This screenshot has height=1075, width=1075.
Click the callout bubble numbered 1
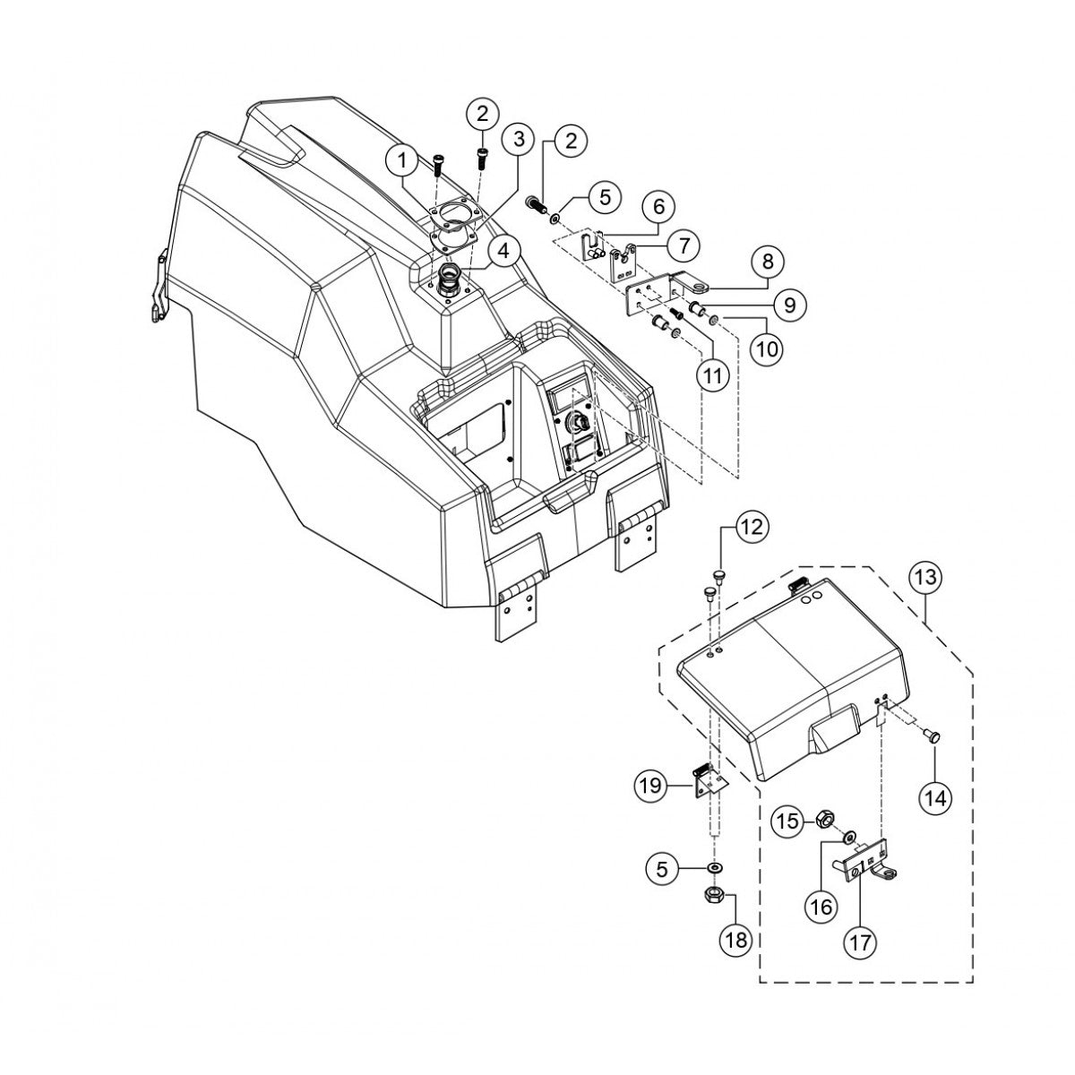tap(403, 161)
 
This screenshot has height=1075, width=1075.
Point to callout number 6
tap(658, 207)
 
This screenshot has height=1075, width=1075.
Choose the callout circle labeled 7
tap(682, 244)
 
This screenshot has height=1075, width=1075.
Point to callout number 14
tap(935, 797)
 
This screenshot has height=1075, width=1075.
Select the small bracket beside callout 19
tap(709, 780)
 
